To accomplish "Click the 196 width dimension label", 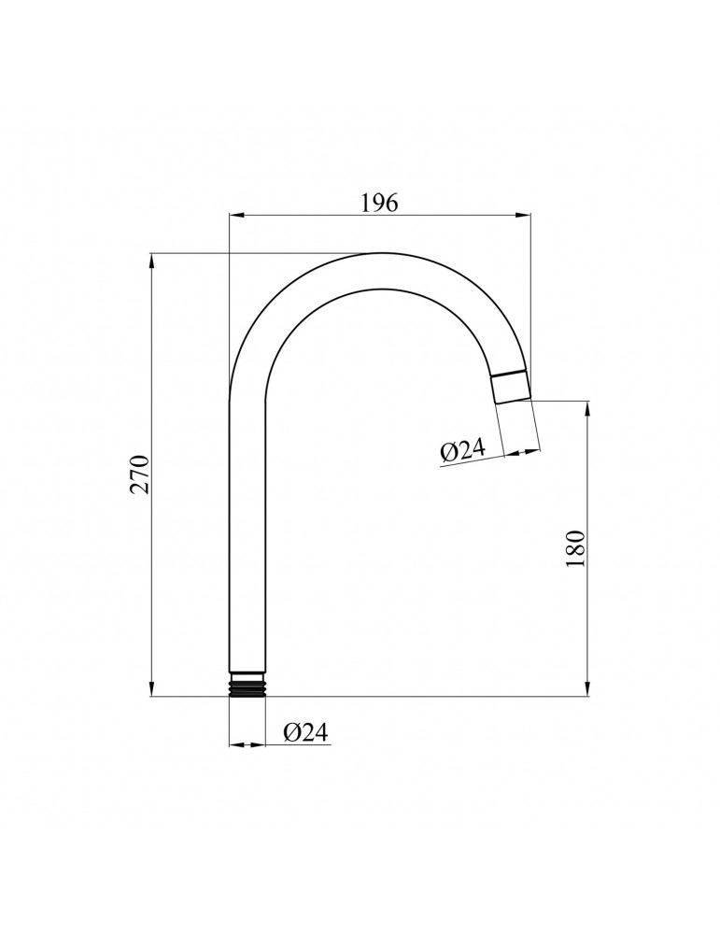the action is [x=379, y=203].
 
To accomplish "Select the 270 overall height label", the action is [x=139, y=474].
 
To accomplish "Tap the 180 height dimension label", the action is [x=576, y=548].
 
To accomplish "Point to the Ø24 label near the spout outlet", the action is [x=463, y=450].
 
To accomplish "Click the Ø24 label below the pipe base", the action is [x=305, y=732].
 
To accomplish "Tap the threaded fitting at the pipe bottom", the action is [x=247, y=685].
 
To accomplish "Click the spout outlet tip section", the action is [x=512, y=388].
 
